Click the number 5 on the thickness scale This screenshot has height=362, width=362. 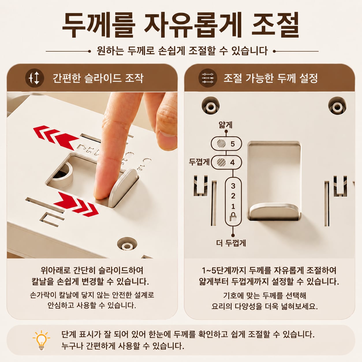233,144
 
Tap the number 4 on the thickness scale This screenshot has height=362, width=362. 233,162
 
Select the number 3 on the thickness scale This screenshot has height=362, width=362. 233,186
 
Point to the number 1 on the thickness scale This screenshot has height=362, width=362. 233,206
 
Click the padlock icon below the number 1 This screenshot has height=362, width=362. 233,217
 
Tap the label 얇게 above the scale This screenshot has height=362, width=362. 225,125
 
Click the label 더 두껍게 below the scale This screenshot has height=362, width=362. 231,243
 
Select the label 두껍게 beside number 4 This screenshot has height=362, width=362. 199,162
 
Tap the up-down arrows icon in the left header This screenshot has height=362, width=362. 35,78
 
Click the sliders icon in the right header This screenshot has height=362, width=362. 208,78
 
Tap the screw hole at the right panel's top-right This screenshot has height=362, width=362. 337,106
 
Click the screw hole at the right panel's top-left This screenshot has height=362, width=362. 210,106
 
